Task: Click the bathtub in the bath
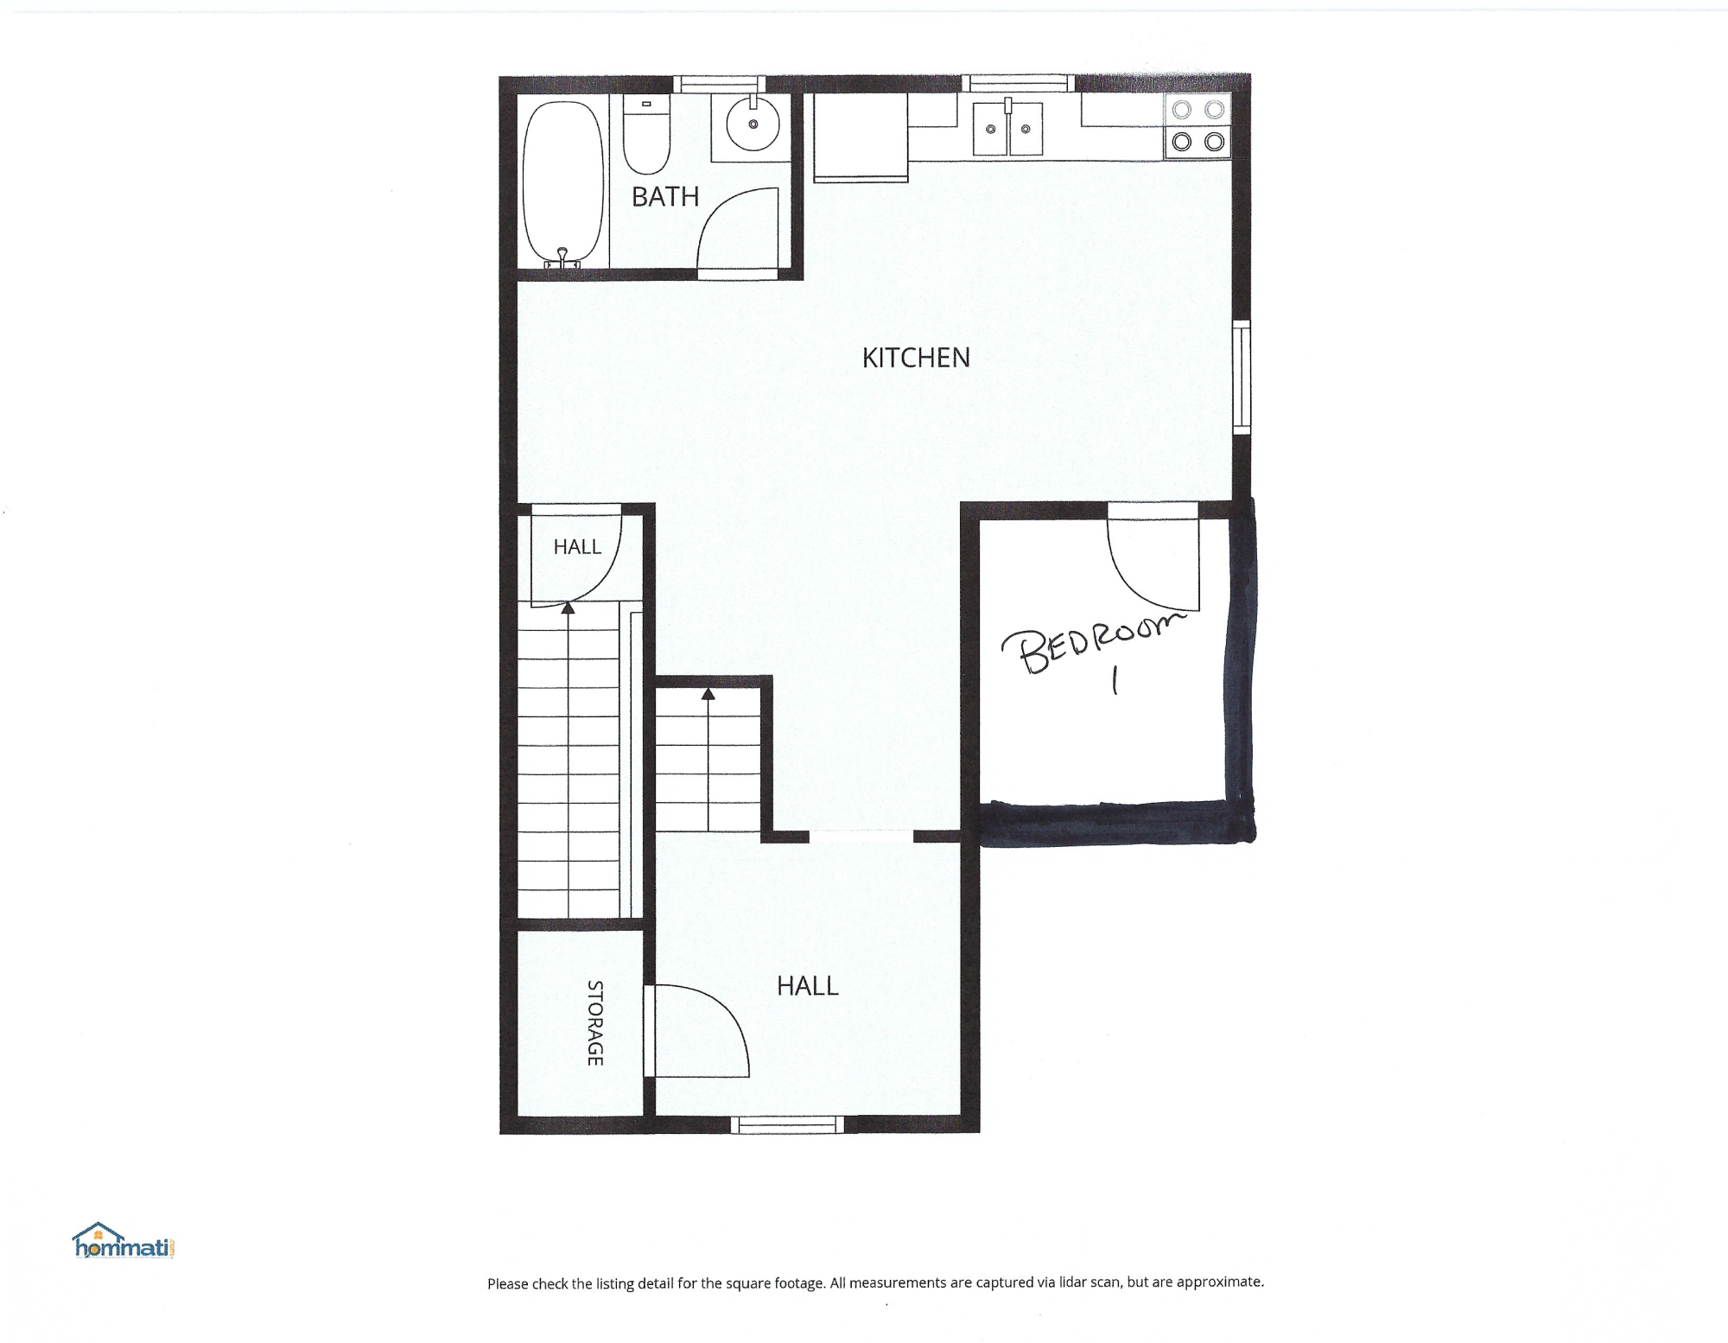pyautogui.click(x=562, y=184)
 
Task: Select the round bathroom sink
pyautogui.click(x=753, y=124)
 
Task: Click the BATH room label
pyautogui.click(x=665, y=197)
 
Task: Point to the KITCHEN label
pyautogui.click(x=916, y=358)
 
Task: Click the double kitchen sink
pyautogui.click(x=1008, y=128)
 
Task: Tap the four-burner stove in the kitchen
pyautogui.click(x=1198, y=126)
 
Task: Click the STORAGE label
pyautogui.click(x=595, y=1023)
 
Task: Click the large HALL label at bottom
pyautogui.click(x=808, y=986)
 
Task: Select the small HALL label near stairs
pyautogui.click(x=577, y=547)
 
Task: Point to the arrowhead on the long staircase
pyautogui.click(x=568, y=608)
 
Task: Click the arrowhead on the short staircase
pyautogui.click(x=708, y=693)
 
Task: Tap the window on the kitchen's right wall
pyautogui.click(x=1242, y=377)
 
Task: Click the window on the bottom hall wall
pyautogui.click(x=787, y=1124)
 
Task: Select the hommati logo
pyautogui.click(x=124, y=1241)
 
